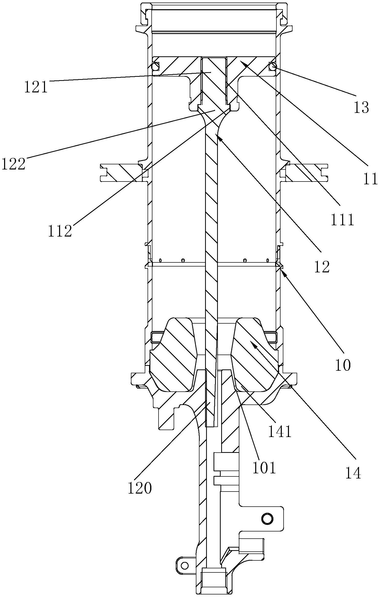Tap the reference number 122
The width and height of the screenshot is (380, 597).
[14, 164]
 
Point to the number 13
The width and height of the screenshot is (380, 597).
[361, 108]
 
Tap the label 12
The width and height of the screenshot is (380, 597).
[322, 267]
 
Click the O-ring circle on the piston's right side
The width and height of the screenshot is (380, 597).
[273, 67]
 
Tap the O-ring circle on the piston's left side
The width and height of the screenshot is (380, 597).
[155, 67]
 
